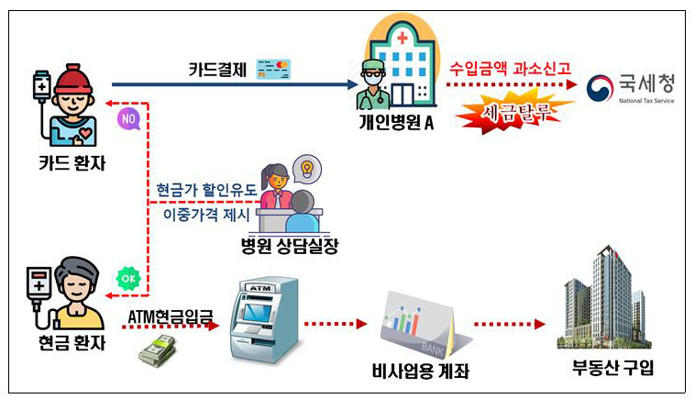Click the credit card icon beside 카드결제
273,69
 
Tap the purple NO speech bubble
128,118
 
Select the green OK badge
128,279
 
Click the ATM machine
265,320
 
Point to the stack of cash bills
158,350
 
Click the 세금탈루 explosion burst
514,113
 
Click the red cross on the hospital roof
403,38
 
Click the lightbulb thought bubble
307,169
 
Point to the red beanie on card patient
72,80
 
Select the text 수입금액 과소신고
510,68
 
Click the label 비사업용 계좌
420,371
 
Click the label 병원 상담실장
290,245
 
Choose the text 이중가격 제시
206,215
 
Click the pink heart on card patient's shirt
84,133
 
